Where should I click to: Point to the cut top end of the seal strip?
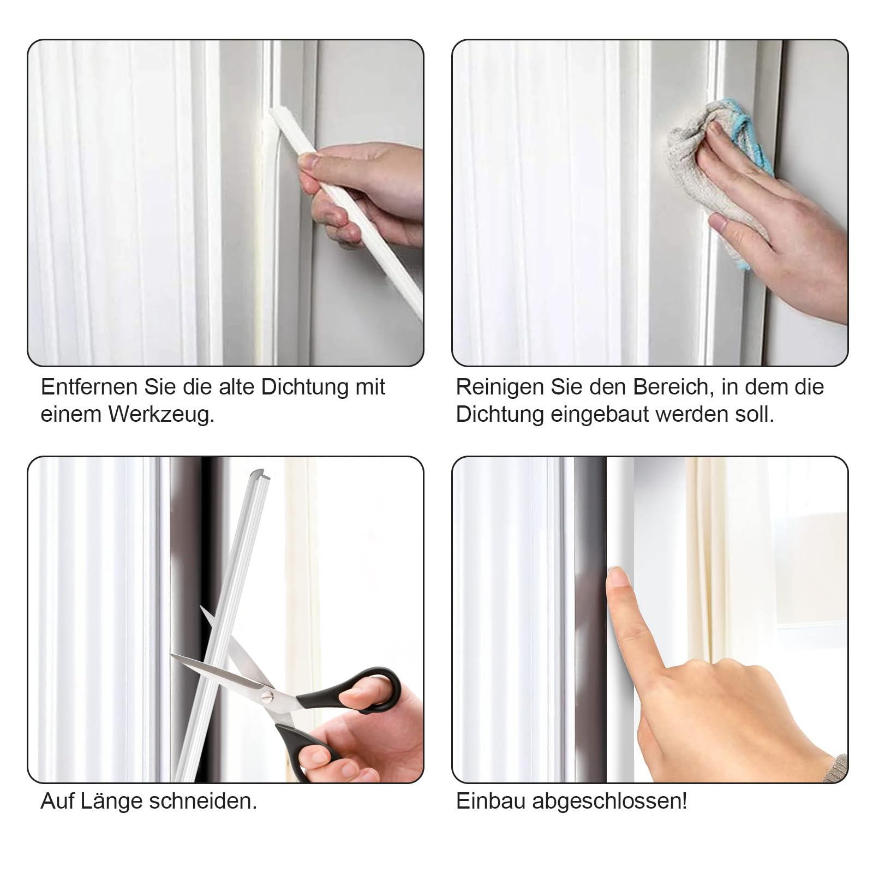262,474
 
